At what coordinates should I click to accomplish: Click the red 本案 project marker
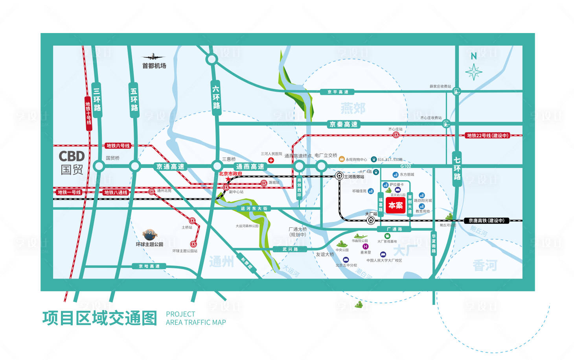(396, 205)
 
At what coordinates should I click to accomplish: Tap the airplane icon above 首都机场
(153, 57)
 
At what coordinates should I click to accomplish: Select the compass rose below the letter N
(474, 72)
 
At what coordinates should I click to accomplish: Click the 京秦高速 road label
(343, 124)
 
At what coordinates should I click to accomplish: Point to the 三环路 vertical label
(97, 99)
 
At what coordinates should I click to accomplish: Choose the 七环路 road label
(457, 168)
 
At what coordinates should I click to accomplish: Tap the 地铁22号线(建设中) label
(488, 135)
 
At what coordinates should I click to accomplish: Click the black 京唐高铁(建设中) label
(486, 221)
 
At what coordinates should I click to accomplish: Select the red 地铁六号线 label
(118, 146)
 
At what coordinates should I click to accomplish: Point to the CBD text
(72, 156)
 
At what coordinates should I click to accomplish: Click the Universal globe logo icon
(150, 235)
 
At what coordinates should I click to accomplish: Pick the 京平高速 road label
(338, 92)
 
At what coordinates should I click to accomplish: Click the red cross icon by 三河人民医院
(271, 160)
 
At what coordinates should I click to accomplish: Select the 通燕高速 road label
(250, 166)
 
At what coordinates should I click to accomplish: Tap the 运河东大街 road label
(254, 209)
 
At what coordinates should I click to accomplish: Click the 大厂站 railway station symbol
(370, 221)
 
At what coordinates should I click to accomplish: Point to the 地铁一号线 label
(69, 192)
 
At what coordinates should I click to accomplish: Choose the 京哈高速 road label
(149, 266)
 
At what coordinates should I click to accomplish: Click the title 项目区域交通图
(100, 318)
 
